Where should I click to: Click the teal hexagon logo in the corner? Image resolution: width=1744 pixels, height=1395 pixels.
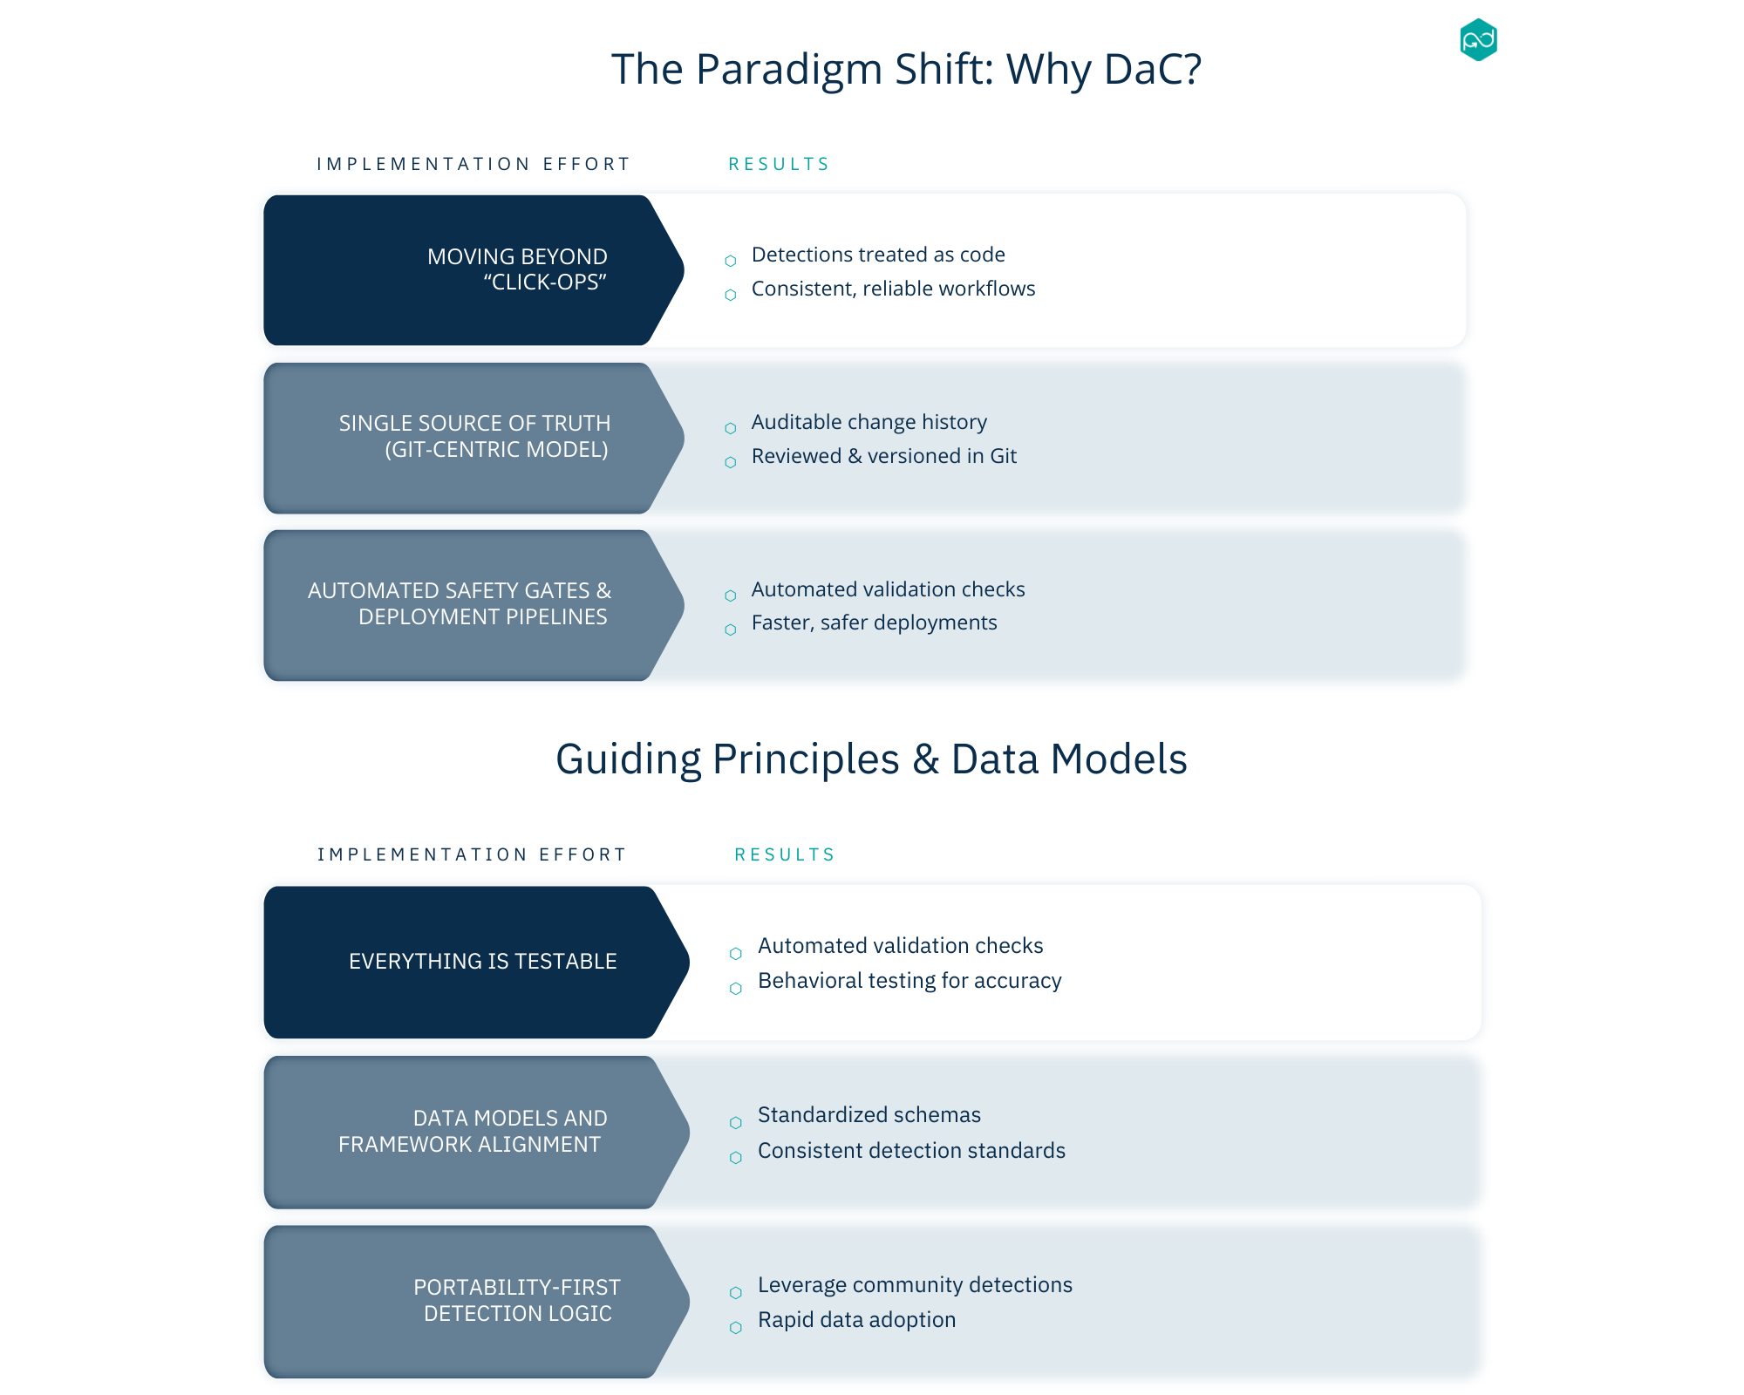point(1478,40)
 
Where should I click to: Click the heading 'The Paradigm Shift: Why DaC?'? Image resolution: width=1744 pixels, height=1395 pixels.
point(906,69)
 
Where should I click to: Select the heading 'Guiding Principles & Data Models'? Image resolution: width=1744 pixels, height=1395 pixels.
point(871,759)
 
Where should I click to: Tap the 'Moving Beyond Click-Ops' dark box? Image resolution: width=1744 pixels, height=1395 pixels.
point(471,269)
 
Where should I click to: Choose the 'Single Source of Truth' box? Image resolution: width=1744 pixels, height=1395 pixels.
point(471,437)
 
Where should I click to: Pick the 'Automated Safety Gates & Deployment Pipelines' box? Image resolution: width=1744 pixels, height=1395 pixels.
point(471,604)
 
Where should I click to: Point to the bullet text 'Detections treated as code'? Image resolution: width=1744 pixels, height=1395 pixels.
point(878,255)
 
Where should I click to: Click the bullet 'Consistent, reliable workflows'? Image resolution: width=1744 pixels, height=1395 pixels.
point(893,289)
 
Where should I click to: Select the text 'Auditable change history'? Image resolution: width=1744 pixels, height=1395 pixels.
point(869,422)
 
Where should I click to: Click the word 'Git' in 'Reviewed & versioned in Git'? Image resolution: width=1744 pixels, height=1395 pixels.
point(1004,456)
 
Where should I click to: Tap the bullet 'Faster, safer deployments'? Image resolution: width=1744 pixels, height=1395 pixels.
point(874,623)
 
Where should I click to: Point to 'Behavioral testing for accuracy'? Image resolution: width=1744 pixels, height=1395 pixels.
point(909,981)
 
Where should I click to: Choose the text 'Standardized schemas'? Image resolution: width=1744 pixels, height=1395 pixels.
point(869,1115)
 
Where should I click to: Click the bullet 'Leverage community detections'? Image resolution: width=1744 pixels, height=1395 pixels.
point(915,1285)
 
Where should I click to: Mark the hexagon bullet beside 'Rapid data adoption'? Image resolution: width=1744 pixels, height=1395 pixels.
point(736,1328)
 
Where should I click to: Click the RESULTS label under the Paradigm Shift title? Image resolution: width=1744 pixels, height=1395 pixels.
point(779,164)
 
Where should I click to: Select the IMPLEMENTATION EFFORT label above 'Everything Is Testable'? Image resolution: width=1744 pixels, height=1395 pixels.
point(472,854)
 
